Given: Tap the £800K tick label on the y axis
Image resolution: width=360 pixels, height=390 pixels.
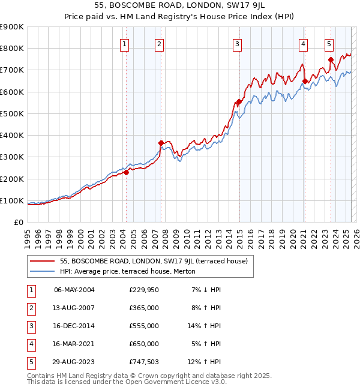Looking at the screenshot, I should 12,49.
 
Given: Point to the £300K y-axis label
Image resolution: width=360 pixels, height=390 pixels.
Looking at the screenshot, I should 12,157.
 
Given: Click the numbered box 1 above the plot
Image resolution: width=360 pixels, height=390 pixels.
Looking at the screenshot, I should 124,43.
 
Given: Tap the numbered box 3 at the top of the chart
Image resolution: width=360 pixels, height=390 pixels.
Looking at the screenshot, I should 237,43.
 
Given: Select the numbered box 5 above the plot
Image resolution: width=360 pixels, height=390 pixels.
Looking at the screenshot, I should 329,43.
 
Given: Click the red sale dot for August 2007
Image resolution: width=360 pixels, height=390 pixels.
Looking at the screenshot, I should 161,143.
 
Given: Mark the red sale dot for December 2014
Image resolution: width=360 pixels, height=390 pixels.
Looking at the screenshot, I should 239,102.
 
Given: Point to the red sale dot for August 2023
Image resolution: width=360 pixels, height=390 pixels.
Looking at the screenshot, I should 331,59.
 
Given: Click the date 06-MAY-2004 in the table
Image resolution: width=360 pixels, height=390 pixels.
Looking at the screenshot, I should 74,290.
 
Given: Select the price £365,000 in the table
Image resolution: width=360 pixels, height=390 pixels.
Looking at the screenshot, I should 144,308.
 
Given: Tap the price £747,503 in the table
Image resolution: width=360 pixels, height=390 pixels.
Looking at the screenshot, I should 144,362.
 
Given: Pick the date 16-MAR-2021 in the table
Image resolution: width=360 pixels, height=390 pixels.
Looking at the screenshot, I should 74,344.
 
